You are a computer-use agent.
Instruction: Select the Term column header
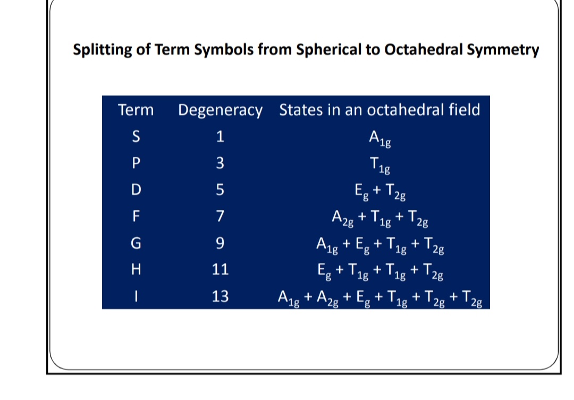(136, 110)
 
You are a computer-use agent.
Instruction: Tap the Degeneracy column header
(220, 110)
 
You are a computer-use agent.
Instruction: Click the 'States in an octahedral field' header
(379, 110)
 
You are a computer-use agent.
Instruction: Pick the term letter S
(136, 137)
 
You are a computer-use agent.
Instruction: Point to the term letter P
(136, 163)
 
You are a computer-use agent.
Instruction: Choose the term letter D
(136, 190)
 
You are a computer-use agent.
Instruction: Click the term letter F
(136, 216)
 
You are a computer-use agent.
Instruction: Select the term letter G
(136, 243)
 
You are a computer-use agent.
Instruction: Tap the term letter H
(136, 269)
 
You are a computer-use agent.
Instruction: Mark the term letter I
(136, 296)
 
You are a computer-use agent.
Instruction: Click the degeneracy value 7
(220, 216)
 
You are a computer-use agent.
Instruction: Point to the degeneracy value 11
(220, 269)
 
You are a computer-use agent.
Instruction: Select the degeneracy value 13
(220, 296)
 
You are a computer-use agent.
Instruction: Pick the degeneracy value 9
(220, 243)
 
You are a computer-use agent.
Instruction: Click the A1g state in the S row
(380, 138)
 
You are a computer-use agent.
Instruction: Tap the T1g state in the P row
(380, 165)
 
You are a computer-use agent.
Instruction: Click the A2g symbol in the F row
(343, 218)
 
